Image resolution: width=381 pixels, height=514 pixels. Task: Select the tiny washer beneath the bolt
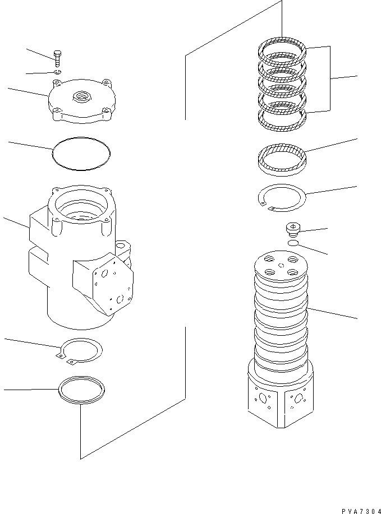(x=58, y=72)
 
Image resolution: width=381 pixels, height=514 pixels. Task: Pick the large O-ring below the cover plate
(x=81, y=153)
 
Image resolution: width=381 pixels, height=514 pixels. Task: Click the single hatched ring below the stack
(x=281, y=159)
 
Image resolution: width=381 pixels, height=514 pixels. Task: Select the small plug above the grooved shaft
(x=292, y=230)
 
